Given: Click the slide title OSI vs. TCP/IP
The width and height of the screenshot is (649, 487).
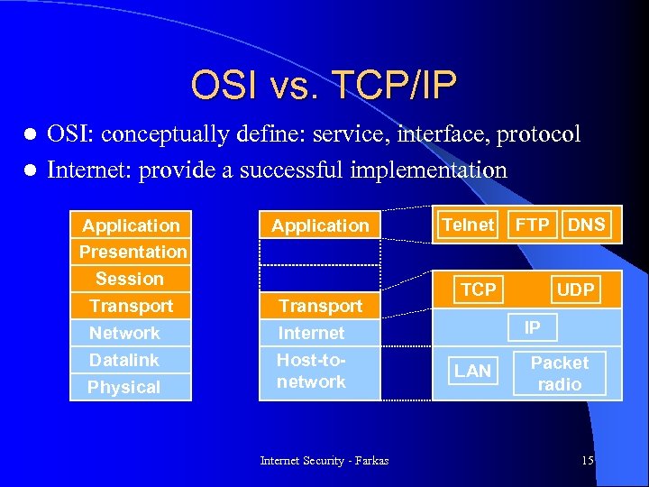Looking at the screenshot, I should pos(324,86).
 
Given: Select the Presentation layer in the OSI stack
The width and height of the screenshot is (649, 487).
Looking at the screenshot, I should pos(133,252).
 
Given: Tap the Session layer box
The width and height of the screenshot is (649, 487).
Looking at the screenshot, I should pos(130,279).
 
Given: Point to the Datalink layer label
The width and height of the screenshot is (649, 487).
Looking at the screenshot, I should pos(124,360).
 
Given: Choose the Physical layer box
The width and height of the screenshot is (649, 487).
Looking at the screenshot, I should pos(124,387).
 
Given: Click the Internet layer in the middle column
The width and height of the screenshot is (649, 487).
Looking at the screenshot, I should pos(312,333).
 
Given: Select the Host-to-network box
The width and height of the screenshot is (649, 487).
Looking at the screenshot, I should pos(312,371).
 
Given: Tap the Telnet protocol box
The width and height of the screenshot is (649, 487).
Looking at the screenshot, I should pos(468,225).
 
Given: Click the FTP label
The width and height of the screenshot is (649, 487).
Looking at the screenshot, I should pos(532,225).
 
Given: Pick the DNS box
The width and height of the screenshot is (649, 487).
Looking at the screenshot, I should pos(587,225).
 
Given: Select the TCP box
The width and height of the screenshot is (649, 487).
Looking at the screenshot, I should pos(478,289).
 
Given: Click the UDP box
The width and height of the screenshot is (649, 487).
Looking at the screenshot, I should pos(575,289).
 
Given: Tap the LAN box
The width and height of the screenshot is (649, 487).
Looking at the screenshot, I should pos(472,371).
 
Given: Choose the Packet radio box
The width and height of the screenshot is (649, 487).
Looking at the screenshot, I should pos(560,373).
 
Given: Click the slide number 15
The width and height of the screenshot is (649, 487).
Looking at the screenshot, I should pos(588,461).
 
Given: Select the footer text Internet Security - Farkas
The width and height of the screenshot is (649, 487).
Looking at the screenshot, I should pos(324,461).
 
